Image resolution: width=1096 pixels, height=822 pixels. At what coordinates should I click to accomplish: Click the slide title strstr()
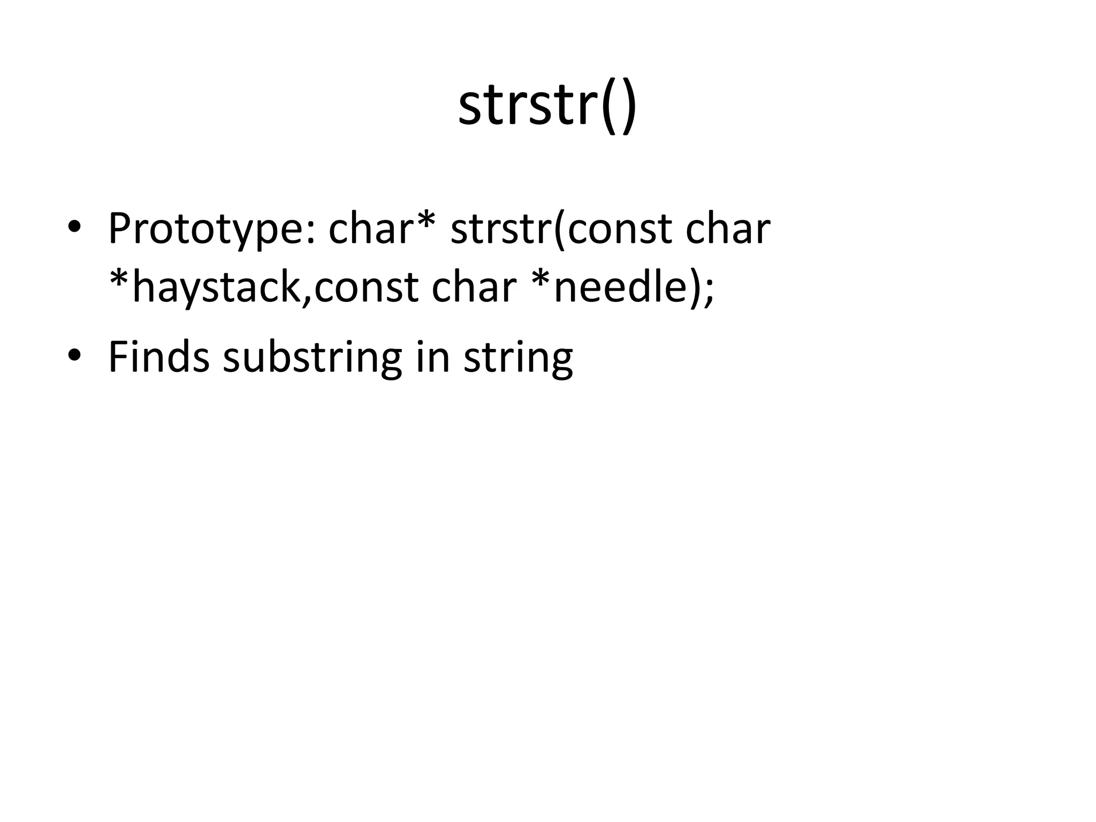[547, 105]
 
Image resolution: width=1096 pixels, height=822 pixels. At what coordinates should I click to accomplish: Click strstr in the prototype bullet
[501, 229]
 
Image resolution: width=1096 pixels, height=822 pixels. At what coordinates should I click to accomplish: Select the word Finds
[158, 357]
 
